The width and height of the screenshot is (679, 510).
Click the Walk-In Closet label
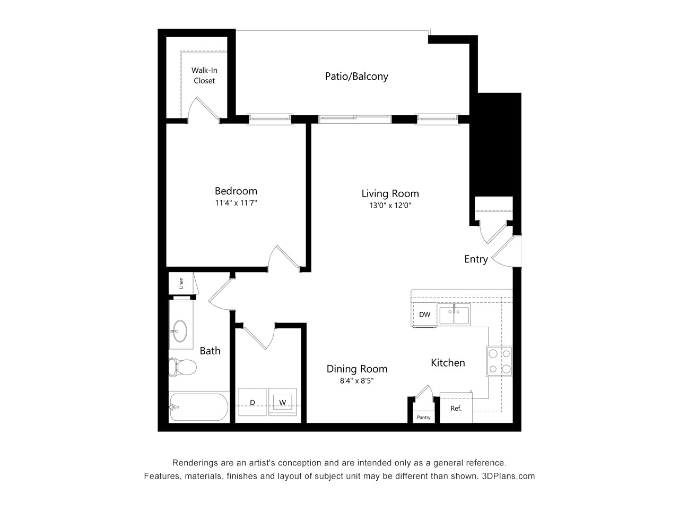[x=204, y=75]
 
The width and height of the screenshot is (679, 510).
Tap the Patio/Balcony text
[x=356, y=76]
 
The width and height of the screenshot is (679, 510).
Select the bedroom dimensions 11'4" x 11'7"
[x=236, y=203]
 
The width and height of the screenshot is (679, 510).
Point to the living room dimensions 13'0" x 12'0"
[x=390, y=206]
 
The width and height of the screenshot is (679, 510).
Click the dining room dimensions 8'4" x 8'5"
[x=356, y=380]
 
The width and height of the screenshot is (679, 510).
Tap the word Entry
[x=476, y=259]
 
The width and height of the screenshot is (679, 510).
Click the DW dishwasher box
[x=424, y=314]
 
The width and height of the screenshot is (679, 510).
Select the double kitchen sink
[x=454, y=315]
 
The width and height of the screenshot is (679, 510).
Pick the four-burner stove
[x=500, y=361]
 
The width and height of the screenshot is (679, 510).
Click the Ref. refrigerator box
[x=456, y=409]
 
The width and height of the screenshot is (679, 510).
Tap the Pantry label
[x=423, y=418]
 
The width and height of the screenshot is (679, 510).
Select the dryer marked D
[x=253, y=403]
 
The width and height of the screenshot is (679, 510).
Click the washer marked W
[x=283, y=403]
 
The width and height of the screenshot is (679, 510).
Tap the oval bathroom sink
[x=180, y=331]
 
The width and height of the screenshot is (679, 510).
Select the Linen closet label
[x=181, y=283]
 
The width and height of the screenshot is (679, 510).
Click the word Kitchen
[x=448, y=363]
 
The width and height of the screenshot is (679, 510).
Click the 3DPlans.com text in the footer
[x=508, y=476]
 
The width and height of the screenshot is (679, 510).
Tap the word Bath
[x=210, y=351]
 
